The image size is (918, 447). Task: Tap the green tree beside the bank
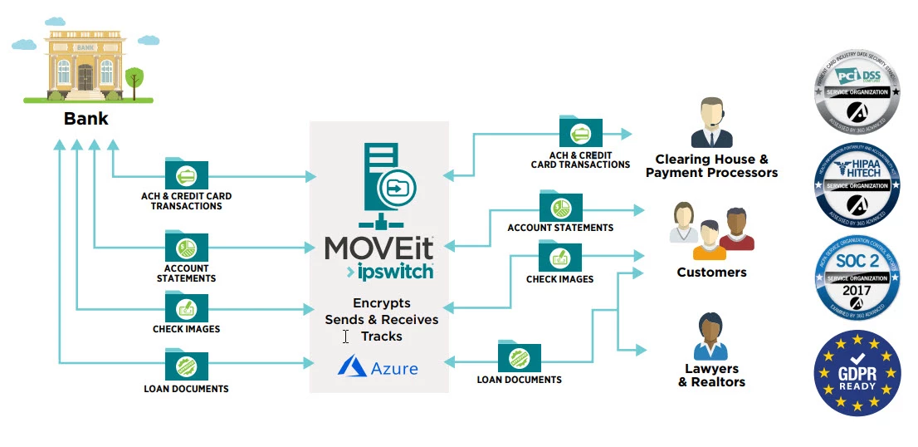134,81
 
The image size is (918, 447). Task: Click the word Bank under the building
85,119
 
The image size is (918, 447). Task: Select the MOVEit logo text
379,248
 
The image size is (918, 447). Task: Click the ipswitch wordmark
390,271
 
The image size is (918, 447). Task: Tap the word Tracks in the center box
382,336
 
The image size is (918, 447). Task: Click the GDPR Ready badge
857,371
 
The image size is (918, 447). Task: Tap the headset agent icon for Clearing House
711,123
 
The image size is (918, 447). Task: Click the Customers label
711,273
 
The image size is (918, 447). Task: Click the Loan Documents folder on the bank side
187,363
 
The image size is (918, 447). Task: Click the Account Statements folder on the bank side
187,246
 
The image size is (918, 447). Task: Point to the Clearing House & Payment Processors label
711,166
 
